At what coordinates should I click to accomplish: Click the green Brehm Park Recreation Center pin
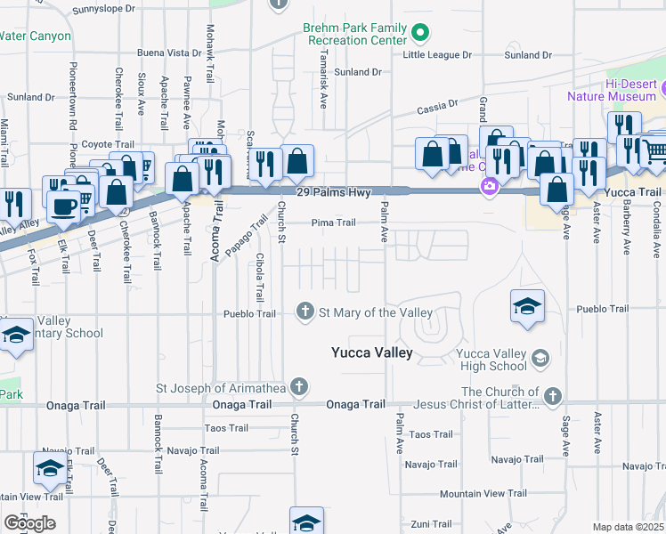point(422,35)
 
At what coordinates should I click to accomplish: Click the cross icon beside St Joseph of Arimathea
point(300,387)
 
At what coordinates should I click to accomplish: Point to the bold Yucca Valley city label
point(371,352)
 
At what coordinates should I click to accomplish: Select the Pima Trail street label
point(333,223)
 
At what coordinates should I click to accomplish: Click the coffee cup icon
point(63,206)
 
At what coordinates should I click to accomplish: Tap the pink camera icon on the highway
point(488,186)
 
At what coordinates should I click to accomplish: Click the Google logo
point(29,523)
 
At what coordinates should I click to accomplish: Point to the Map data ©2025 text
point(628,527)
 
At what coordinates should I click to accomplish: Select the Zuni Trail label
point(432,523)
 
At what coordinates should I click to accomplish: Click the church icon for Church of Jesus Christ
point(554,394)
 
